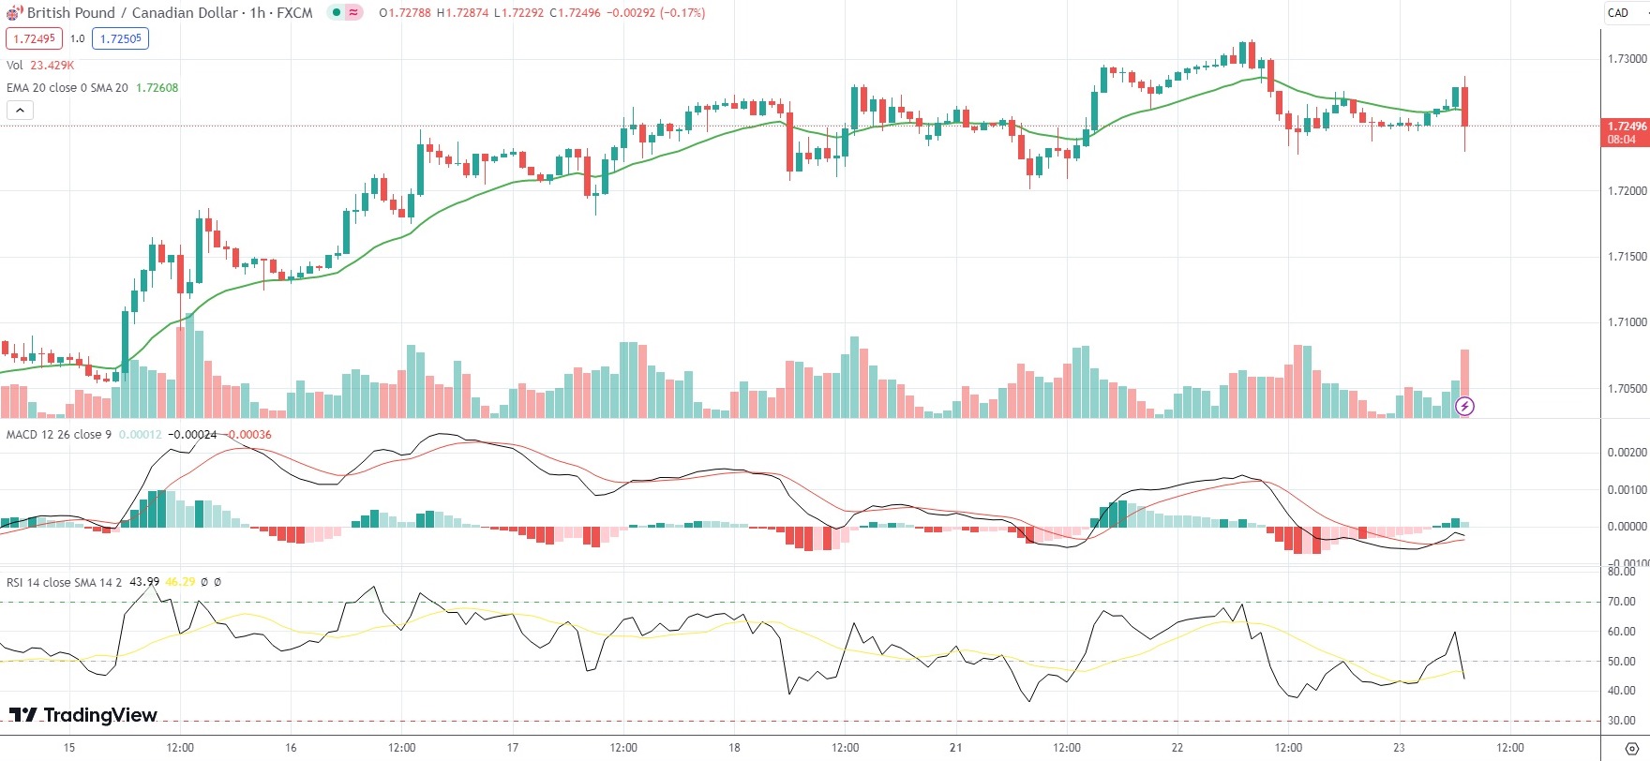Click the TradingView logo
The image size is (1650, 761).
click(x=83, y=715)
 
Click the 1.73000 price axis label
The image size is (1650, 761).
click(x=1627, y=59)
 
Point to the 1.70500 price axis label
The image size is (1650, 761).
click(x=1627, y=388)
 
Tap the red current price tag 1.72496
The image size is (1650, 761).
click(x=1627, y=127)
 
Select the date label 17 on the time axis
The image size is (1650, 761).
click(x=513, y=748)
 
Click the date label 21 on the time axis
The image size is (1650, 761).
click(x=955, y=748)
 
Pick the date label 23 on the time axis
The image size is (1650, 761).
click(x=1399, y=748)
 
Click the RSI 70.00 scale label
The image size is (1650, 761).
click(x=1621, y=602)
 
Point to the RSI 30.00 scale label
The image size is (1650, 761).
click(x=1621, y=721)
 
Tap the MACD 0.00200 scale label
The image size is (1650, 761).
click(x=1627, y=453)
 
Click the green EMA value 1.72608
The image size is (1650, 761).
click(x=157, y=88)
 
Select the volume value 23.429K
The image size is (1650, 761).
click(x=52, y=66)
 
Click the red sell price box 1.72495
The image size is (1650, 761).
click(x=35, y=38)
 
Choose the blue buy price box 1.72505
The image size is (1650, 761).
click(x=120, y=38)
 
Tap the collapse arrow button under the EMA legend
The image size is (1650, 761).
click(x=20, y=111)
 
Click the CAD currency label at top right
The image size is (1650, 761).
click(x=1618, y=13)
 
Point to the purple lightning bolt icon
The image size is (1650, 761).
click(x=1464, y=407)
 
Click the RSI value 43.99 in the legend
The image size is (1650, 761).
click(x=144, y=582)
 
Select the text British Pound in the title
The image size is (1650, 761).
click(x=71, y=13)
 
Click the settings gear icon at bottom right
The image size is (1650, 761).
click(x=1631, y=748)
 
